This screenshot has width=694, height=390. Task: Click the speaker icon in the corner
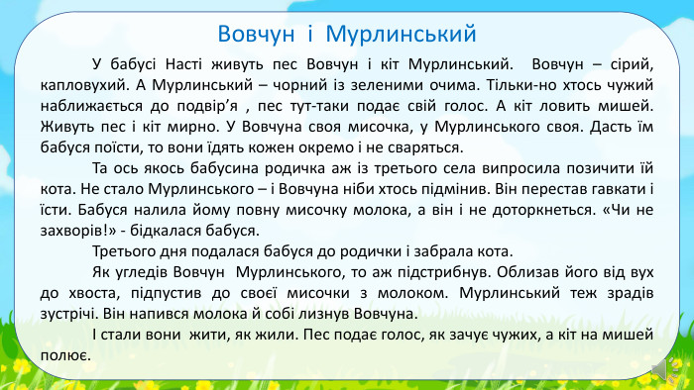656,371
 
